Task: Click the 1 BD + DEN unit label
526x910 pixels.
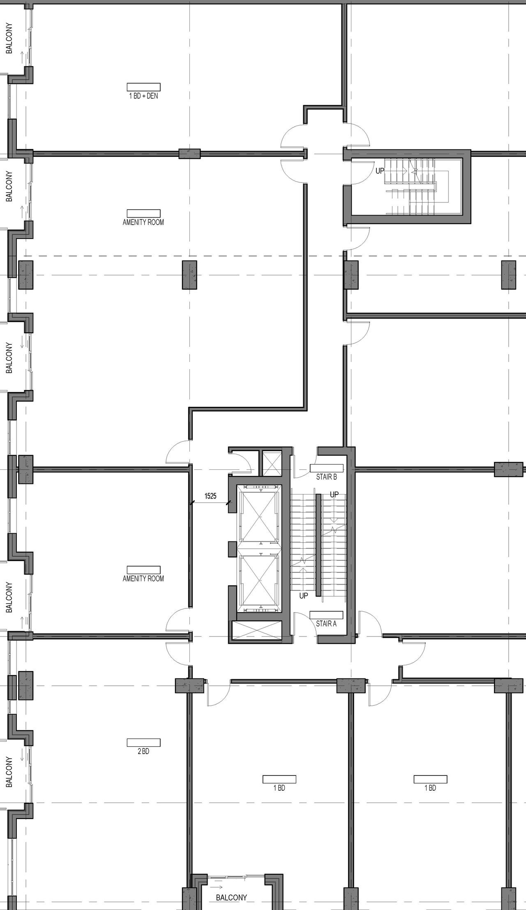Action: (143, 96)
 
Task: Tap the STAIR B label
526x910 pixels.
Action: (326, 477)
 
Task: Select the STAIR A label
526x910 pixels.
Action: (326, 624)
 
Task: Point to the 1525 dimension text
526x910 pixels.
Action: (210, 496)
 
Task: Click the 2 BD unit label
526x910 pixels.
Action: (143, 752)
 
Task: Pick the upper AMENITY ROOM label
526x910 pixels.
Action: (143, 223)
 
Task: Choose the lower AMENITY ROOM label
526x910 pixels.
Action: (143, 579)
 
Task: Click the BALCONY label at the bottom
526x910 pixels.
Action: (231, 898)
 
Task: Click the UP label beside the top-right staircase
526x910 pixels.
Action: (380, 171)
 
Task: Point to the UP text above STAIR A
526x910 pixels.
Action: (304, 596)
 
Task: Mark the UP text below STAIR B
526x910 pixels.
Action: (335, 494)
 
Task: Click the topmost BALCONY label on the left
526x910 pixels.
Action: (9, 38)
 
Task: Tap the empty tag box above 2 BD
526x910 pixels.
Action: (143, 743)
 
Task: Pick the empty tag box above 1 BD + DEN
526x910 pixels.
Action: (143, 87)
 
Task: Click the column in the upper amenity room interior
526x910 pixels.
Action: (189, 274)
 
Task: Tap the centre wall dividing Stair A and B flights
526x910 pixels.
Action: (318, 545)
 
